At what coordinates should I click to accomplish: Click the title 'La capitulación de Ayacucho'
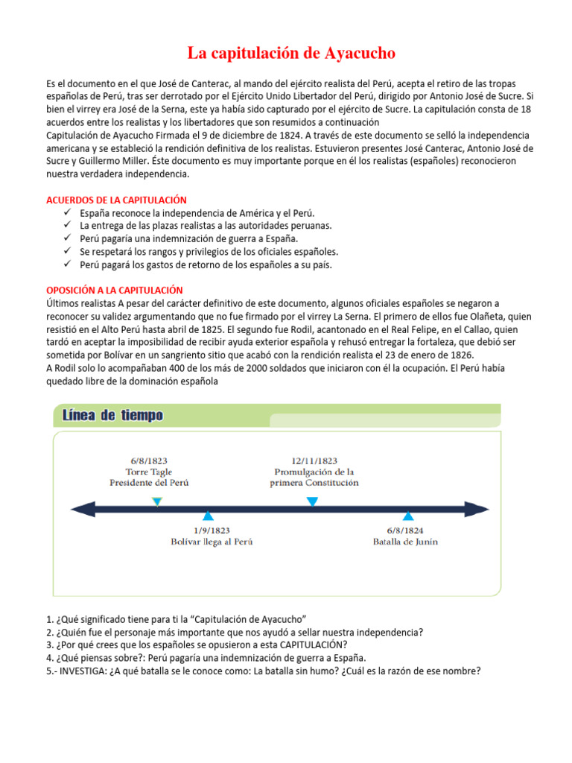pos(291,53)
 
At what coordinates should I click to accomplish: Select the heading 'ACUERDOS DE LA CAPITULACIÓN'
pos(116,200)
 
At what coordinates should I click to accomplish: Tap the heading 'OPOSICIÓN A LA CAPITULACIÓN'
pos(114,290)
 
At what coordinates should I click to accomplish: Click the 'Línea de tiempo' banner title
pos(112,416)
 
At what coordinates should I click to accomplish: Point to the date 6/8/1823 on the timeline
pos(148,460)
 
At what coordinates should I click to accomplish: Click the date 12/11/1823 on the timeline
pos(314,460)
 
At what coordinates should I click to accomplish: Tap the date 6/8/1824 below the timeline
pos(405,531)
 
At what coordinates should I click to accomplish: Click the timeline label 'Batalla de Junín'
pos(405,542)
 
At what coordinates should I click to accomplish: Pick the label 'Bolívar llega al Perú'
pos(212,542)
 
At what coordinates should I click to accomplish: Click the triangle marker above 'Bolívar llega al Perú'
pos(209,516)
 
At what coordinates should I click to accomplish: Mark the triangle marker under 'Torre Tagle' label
pos(156,501)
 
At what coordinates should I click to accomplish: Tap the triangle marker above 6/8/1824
pos(407,516)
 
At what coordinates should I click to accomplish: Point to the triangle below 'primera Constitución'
pos(312,501)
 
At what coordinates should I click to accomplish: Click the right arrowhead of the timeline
pos(483,509)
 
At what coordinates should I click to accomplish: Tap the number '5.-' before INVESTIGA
pos(53,670)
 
